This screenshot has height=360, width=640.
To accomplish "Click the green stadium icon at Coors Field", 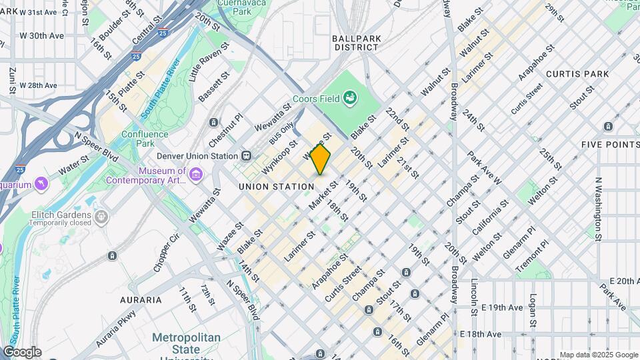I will pos(350,100).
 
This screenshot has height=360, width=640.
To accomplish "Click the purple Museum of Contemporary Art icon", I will pos(195,175).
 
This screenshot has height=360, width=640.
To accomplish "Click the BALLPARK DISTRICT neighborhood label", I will pos(357,43).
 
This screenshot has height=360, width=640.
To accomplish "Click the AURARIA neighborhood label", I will pos(141,300).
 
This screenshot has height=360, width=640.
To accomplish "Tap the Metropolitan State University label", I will pos(185,343).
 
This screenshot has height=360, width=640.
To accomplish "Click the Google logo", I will pos(22,351).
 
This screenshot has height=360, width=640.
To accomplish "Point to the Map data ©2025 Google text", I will pos(599,355).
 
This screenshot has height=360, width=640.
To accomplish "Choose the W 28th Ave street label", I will pos(38,85).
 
